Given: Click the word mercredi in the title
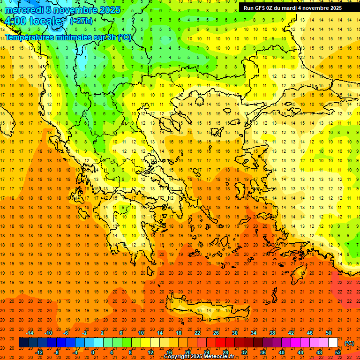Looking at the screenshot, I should (24, 10).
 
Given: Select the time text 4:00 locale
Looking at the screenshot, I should (33, 21).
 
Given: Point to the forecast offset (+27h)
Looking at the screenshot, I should (81, 21).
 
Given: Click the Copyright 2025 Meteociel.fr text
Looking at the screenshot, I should (199, 356).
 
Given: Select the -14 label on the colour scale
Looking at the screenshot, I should (30, 333).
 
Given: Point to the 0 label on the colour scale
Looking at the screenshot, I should (92, 352).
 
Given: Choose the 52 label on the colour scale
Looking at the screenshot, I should (338, 352).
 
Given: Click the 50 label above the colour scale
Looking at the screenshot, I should (329, 333).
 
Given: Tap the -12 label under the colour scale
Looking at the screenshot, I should (39, 352).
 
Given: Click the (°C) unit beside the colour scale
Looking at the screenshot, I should (349, 343).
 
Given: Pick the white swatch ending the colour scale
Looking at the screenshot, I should (333, 343).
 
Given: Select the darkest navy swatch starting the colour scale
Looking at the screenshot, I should (23, 343).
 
